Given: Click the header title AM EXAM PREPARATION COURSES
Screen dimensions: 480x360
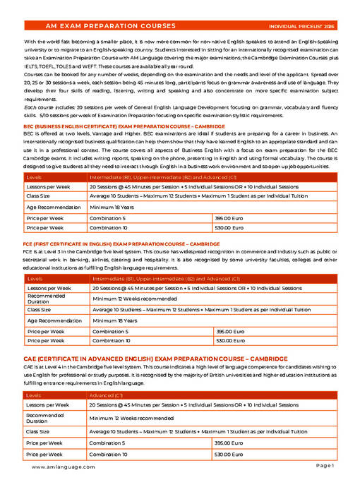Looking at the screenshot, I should [x=110, y=26].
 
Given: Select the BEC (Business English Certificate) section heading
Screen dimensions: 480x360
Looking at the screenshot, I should [x=124, y=126].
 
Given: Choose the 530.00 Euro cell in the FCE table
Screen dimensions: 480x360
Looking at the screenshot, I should [x=229, y=340].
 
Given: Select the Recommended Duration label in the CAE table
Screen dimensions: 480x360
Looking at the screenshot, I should [x=49, y=418].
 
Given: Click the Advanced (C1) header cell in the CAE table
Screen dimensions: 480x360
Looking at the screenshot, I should [x=106, y=395].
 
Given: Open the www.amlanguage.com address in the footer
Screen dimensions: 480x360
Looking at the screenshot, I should [x=64, y=467].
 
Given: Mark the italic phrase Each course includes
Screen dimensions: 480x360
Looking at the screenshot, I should [x=46, y=107].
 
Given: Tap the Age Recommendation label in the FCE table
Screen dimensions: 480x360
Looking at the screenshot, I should [x=54, y=320].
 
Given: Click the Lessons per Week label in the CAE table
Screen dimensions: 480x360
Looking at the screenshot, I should [x=48, y=405].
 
